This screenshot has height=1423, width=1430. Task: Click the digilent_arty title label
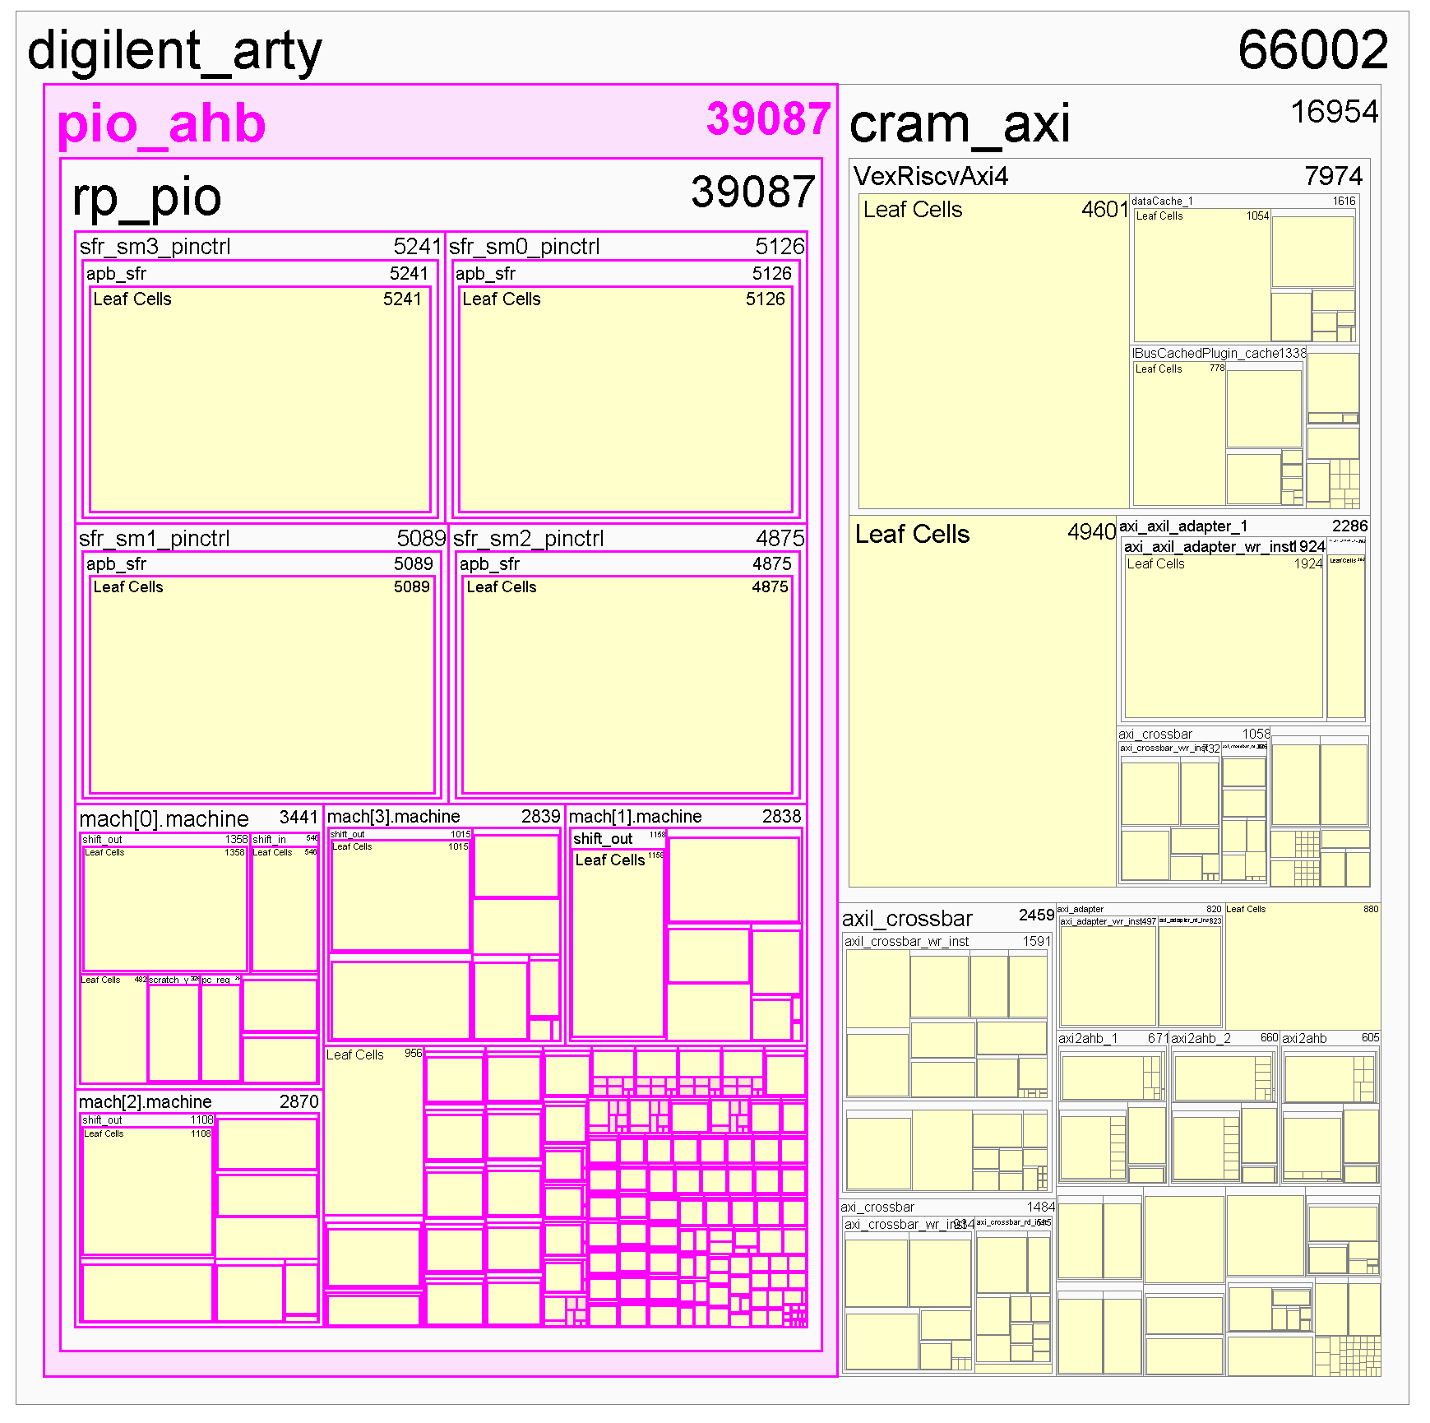tap(174, 51)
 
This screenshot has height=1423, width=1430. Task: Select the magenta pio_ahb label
tap(161, 124)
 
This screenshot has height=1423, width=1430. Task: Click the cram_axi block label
tap(959, 124)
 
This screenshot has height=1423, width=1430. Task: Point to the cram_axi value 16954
tap(1334, 112)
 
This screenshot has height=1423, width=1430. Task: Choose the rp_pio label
tap(146, 197)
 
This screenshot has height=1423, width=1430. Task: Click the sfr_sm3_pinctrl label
tap(155, 247)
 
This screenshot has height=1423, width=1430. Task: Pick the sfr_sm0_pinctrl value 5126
tap(780, 247)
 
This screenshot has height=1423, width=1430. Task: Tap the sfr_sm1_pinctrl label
tap(154, 539)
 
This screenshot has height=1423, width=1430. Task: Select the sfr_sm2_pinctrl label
tap(528, 539)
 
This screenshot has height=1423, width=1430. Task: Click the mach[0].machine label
tap(164, 819)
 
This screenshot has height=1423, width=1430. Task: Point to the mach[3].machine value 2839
tap(540, 817)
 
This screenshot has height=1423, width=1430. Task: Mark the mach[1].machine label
tap(635, 817)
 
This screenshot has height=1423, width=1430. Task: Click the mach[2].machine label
tap(145, 1102)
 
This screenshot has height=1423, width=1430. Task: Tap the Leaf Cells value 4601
tap(1104, 210)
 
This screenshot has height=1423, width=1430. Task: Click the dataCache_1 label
tap(1161, 202)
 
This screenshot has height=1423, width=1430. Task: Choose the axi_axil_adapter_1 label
tap(1182, 526)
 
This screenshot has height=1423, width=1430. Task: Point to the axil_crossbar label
tap(907, 919)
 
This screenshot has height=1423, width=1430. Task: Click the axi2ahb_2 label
tap(1201, 1039)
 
